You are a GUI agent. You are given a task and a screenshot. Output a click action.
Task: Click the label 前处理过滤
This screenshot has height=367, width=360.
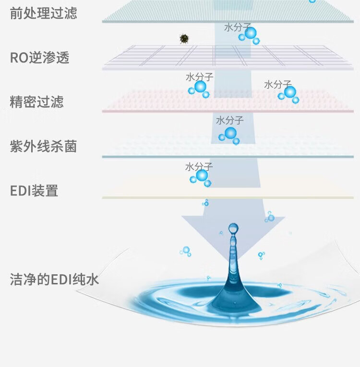click(43, 13)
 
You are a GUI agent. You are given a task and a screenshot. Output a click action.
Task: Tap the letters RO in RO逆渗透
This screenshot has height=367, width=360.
click(19, 58)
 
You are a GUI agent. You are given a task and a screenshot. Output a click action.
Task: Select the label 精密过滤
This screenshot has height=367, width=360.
click(36, 102)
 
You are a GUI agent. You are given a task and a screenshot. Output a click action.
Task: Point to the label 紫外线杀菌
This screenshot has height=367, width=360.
click(43, 146)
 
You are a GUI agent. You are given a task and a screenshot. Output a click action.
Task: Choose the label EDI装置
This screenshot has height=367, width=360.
click(34, 191)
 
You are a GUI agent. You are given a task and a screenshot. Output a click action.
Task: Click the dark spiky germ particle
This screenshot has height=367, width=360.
click(183, 38)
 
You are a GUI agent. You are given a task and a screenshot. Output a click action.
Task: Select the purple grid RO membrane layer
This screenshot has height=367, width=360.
click(158, 58)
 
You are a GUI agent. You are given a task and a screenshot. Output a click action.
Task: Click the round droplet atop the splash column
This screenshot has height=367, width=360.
click(233, 228)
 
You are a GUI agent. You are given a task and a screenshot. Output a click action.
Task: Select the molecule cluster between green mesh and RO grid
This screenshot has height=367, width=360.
click(250, 35)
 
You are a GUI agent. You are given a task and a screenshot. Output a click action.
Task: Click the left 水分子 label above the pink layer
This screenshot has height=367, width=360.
click(199, 77)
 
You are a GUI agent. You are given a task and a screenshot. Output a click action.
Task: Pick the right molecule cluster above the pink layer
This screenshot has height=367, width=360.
click(289, 94)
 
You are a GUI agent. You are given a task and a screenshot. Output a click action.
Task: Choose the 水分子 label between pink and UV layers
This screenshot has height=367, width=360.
click(229, 121)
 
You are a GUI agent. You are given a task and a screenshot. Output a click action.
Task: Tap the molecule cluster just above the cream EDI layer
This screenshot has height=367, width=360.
click(201, 177)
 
